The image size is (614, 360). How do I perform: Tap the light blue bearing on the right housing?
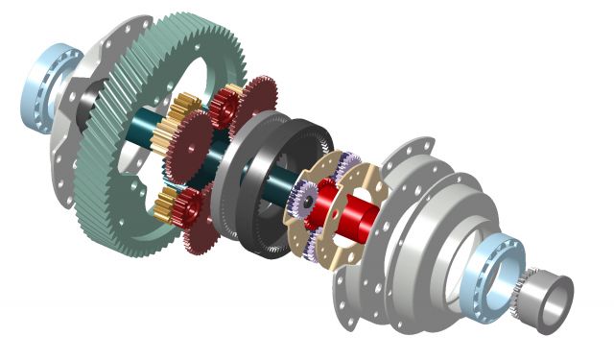pyautogui.click(x=495, y=264)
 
